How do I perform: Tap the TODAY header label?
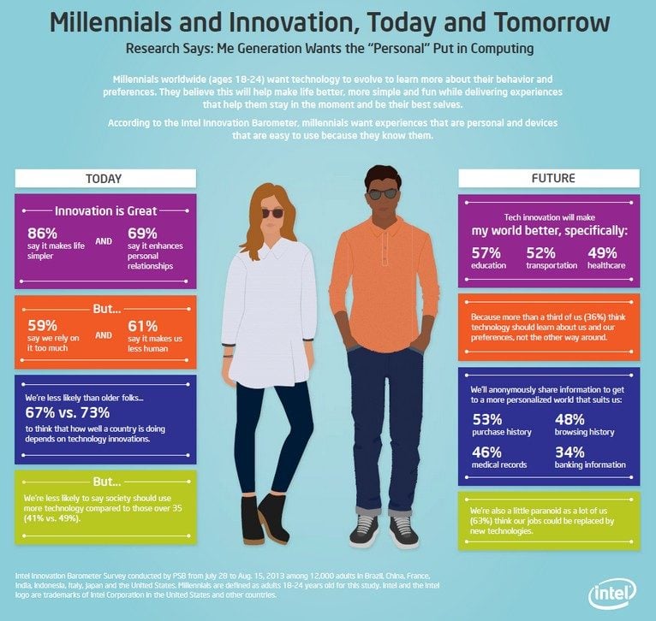(104, 179)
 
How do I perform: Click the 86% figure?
(43, 234)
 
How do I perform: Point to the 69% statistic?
(143, 234)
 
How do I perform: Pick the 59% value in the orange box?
(43, 326)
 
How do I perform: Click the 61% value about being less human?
(143, 326)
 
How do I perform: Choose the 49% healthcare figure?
(603, 252)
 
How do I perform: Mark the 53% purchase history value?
(488, 419)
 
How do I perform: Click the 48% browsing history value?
(570, 419)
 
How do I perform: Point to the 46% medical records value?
(488, 452)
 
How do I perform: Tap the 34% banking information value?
(570, 452)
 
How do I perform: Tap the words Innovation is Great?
(105, 210)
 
